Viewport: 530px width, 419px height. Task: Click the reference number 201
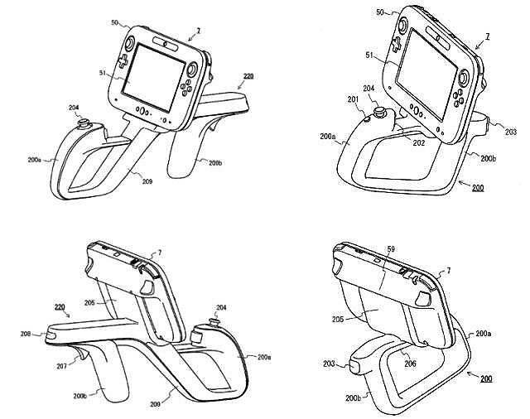pos(353,99)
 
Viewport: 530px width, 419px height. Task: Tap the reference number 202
pos(418,143)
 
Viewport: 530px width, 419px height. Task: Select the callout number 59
pos(391,249)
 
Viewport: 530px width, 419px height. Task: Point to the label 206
pos(410,364)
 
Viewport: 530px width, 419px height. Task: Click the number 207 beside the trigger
pos(61,366)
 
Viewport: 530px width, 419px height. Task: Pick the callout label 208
pos(26,334)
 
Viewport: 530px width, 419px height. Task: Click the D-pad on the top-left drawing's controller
pos(123,60)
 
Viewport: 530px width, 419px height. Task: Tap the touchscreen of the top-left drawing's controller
pos(154,78)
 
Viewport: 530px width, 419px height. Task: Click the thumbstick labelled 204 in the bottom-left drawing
pos(214,321)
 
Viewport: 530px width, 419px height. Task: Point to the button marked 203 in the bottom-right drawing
pos(355,368)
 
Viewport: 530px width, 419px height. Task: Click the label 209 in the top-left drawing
pos(147,181)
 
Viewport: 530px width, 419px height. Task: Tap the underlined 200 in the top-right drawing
pos(478,187)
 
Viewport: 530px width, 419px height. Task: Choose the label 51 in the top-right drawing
pos(369,55)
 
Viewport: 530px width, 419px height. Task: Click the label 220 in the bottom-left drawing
pos(60,307)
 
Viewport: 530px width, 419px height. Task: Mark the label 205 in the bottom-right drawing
pos(338,319)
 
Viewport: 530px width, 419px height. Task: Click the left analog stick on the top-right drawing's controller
pos(402,26)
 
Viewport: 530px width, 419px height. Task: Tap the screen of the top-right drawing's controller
pos(426,75)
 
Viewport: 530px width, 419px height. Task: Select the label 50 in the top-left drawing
pos(115,22)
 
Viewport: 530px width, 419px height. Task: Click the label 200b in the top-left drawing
pos(215,163)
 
